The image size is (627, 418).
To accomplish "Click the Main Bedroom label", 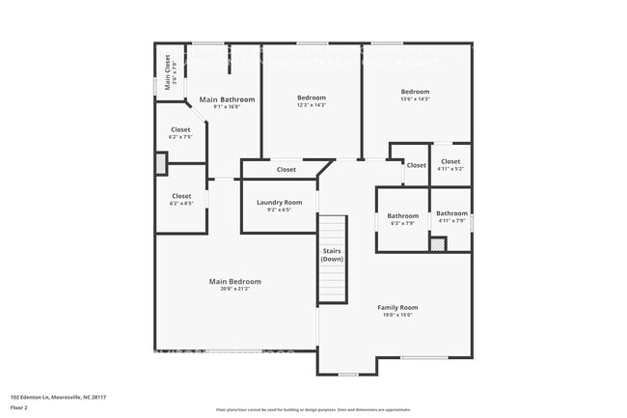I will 235,281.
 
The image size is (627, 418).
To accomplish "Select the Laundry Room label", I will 279,202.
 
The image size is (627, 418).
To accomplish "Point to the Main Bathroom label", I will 227,99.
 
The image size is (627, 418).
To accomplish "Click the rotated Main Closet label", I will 167,70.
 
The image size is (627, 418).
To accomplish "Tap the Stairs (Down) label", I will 332,255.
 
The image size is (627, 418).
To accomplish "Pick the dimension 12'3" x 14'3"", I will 312,104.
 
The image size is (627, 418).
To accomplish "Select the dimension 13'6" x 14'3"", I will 415,98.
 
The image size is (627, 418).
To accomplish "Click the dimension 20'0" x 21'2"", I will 235,288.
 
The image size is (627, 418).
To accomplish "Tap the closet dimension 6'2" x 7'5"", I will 181,136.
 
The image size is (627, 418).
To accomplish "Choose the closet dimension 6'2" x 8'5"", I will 181,203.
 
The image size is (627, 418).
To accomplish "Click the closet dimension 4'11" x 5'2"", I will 450,168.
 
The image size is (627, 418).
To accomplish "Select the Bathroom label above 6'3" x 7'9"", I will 403,215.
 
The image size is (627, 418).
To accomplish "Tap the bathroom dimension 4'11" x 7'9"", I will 451,220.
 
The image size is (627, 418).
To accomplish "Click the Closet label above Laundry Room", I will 286,170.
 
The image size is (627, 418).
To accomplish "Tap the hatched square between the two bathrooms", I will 438,244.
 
